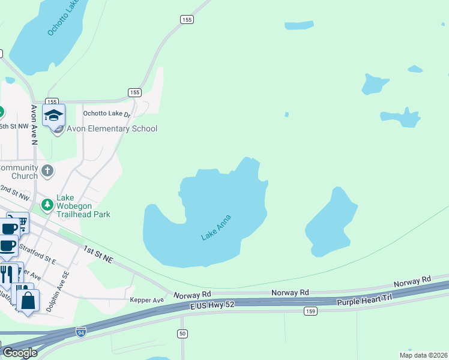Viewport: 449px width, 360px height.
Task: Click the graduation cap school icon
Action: pos(54,115)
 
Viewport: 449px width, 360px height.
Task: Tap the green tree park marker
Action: pos(47,206)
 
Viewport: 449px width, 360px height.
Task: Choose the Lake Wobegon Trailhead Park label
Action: pos(83,205)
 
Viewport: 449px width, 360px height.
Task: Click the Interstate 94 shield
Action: pos(81,331)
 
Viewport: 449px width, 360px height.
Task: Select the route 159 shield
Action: pos(310,311)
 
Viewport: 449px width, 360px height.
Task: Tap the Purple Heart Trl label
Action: pos(364,300)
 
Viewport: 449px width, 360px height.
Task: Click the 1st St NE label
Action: pos(98,253)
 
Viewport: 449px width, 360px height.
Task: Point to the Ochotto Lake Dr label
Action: pos(106,113)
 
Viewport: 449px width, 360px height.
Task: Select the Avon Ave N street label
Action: pos(34,125)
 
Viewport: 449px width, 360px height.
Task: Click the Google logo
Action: pos(20,353)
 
